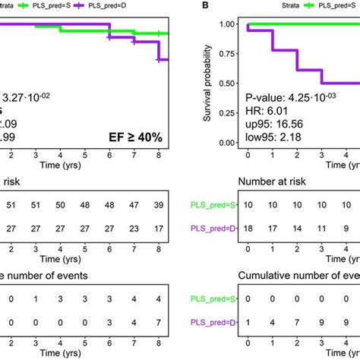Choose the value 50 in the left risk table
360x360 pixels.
[x=85, y=205]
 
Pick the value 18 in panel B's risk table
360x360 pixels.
[x=248, y=229]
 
